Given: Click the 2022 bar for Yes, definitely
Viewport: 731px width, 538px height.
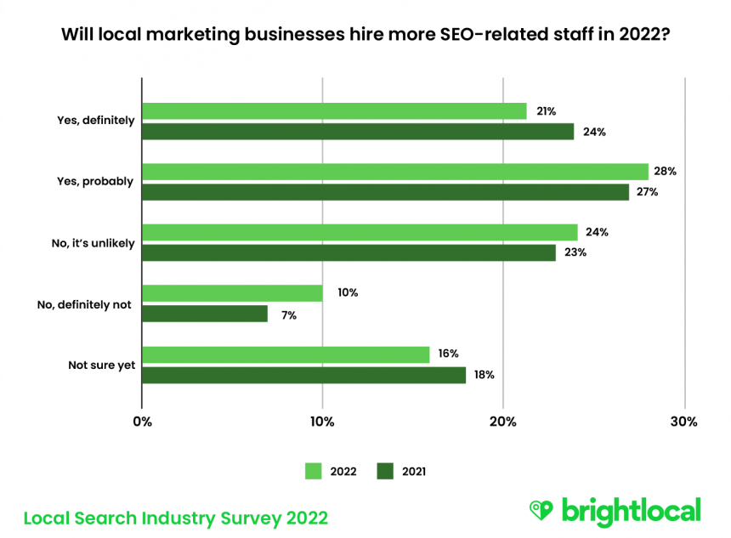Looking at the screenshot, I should pos(334,111).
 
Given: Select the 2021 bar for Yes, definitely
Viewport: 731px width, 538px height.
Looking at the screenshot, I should pos(358,132).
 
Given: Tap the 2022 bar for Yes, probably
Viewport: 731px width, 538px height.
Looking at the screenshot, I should pos(395,172).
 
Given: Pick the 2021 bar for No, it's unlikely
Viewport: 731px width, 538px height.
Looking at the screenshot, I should pos(348,252).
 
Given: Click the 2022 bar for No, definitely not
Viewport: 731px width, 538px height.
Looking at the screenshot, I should pos(232,293).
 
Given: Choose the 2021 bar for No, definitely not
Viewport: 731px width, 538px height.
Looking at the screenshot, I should pos(205,314).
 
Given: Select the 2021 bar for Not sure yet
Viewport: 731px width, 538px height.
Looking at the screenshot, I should pos(303,375).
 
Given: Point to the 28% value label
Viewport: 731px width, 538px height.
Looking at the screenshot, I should pos(666,172).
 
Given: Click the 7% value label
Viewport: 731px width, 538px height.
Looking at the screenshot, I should pos(290,314).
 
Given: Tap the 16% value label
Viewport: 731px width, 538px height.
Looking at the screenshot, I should pos(448,354).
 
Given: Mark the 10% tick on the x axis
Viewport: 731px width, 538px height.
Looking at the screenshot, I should pos(322,421).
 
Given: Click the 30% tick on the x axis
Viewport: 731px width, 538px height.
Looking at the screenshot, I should pos(684,421).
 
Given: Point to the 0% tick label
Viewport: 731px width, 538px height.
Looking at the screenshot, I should pos(143,421).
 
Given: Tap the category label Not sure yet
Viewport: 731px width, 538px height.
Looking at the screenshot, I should pos(101,365).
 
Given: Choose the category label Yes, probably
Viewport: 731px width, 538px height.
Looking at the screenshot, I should pos(95,181).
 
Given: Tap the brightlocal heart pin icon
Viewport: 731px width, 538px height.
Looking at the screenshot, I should pos(541,510).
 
